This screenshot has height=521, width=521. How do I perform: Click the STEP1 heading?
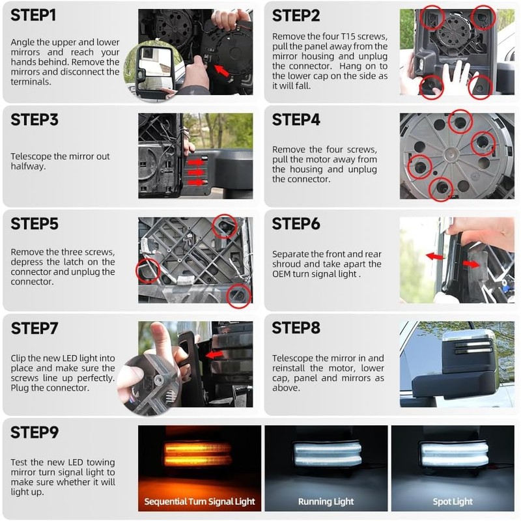tap(33, 15)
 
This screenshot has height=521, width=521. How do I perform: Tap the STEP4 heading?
tap(296, 120)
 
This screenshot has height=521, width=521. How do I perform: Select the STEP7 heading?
tap(35, 328)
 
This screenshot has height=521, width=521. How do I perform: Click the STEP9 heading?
tap(35, 432)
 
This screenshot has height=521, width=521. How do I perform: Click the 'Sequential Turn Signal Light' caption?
tap(199, 501)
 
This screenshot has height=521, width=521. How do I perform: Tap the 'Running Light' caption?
tap(326, 501)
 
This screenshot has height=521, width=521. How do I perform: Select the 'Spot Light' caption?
tap(453, 501)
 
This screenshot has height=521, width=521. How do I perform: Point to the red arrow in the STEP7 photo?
tap(214, 355)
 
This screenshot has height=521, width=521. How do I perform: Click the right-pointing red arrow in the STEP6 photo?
tap(471, 264)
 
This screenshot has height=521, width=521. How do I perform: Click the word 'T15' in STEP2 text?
tap(348, 36)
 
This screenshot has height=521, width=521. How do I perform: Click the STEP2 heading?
tap(296, 16)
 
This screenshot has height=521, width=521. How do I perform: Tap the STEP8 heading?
tap(296, 328)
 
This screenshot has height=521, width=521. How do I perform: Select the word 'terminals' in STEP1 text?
tap(30, 82)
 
